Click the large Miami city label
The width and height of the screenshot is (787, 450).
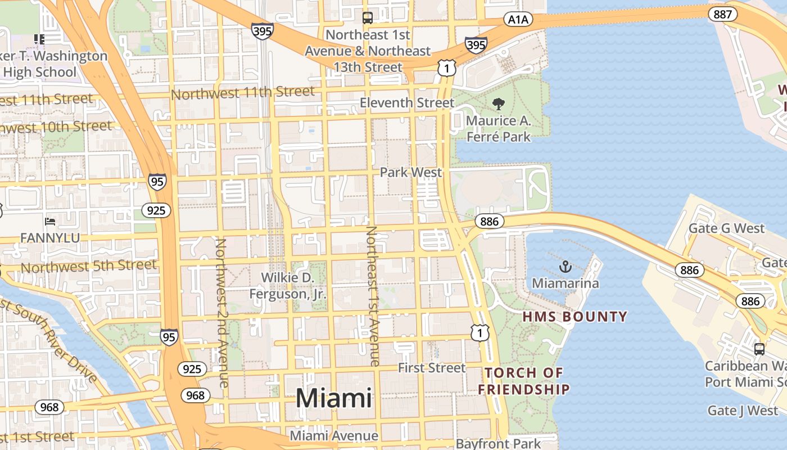(333, 398)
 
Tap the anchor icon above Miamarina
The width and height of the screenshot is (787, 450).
(566, 267)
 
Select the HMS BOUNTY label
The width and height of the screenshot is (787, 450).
(575, 317)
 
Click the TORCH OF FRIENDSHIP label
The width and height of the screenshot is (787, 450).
(524, 381)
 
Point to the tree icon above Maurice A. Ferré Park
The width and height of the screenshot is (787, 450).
(498, 103)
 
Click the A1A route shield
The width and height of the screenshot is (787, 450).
(518, 20)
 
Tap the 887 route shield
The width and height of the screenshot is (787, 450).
(722, 14)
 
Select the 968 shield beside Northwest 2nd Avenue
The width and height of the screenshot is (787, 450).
(195, 395)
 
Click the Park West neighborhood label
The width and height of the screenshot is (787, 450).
(411, 172)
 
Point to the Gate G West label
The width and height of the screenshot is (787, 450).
(726, 228)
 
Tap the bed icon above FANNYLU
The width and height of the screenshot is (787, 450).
(50, 222)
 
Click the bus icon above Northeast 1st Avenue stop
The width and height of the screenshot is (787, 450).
(367, 18)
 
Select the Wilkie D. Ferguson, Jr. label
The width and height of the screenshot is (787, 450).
(287, 285)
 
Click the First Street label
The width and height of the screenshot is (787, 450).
(432, 368)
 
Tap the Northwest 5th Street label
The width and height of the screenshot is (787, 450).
(89, 266)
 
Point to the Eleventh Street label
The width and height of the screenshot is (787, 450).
(406, 103)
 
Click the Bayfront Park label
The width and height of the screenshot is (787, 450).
(498, 443)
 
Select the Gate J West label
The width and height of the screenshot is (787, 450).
(743, 410)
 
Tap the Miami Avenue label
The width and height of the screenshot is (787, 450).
(334, 435)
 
